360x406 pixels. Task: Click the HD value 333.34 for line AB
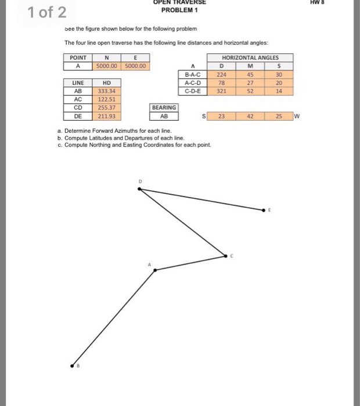click(106, 91)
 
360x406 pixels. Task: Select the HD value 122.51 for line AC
click(106, 99)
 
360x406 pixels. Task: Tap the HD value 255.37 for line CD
click(106, 107)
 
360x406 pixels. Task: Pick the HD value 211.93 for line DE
click(106, 115)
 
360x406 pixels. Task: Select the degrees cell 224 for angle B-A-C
click(221, 74)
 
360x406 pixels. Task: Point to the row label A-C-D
click(192, 82)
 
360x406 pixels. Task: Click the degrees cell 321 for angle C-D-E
click(221, 91)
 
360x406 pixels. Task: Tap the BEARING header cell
click(164, 107)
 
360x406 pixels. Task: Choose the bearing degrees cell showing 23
click(221, 116)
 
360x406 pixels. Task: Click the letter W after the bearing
click(297, 116)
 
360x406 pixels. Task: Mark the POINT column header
click(77, 57)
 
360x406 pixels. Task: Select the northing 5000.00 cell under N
click(106, 66)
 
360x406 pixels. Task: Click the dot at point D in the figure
click(140, 188)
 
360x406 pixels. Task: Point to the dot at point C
click(226, 255)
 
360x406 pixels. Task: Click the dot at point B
click(72, 366)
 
